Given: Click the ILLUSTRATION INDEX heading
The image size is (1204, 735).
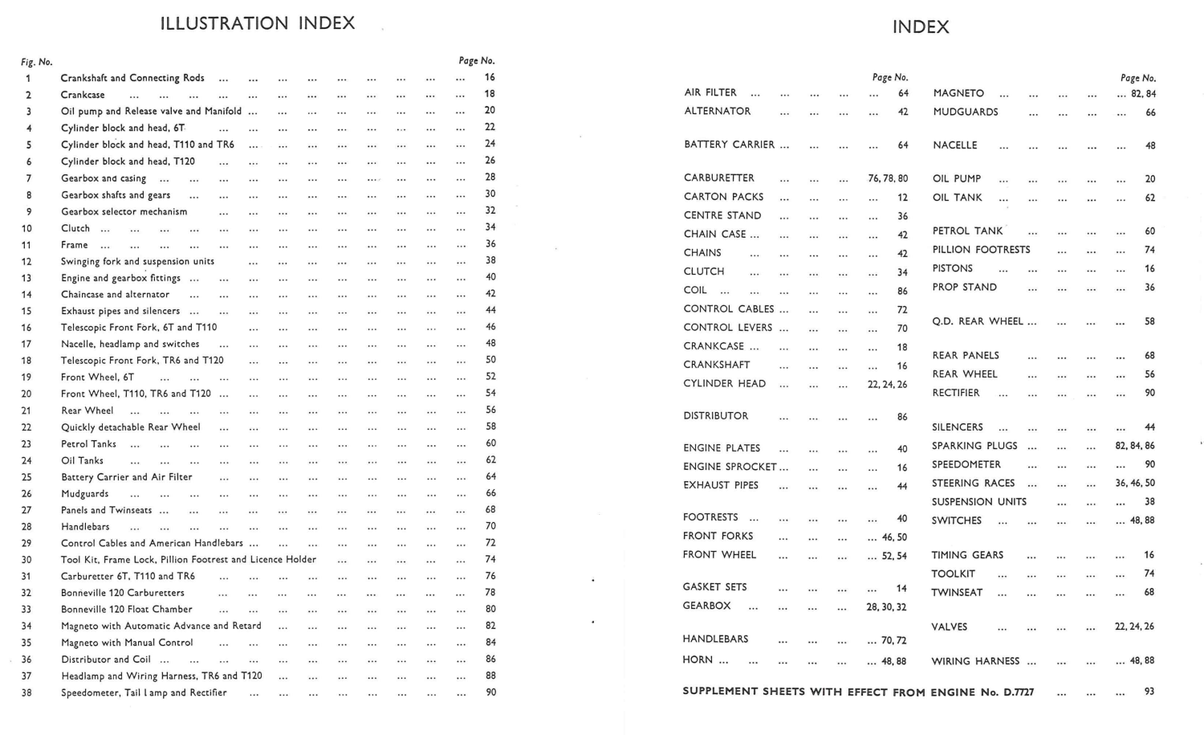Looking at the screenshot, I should tap(258, 23).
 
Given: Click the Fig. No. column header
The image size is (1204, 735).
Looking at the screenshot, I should tap(36, 62).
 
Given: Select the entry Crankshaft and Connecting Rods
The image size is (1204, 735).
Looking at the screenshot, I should tap(132, 78).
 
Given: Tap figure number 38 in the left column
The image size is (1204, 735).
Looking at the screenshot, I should tap(26, 692).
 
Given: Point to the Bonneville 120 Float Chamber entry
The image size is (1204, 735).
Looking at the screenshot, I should tap(127, 609).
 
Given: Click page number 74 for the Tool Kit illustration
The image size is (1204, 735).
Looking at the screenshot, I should tap(490, 559).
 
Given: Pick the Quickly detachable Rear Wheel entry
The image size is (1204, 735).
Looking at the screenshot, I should tap(131, 427).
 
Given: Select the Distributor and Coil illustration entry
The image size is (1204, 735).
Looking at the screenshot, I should tap(106, 659).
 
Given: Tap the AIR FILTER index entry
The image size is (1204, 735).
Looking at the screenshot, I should tap(710, 92).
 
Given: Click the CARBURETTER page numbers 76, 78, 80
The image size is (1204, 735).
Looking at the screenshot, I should tap(888, 178).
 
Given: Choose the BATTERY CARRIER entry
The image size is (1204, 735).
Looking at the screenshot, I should tap(729, 145).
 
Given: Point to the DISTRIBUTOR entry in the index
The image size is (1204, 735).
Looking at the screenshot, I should tap(716, 416).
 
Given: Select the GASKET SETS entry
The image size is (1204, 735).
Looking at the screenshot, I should tap(714, 587).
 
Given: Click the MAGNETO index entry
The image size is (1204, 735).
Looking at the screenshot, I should tap(958, 93).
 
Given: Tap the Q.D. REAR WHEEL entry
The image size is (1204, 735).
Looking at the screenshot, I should tap(978, 321).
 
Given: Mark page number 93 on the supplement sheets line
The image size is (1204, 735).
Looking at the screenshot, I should tap(1149, 692).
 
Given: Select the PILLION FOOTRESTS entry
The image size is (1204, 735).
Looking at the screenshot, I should tap(981, 250).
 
